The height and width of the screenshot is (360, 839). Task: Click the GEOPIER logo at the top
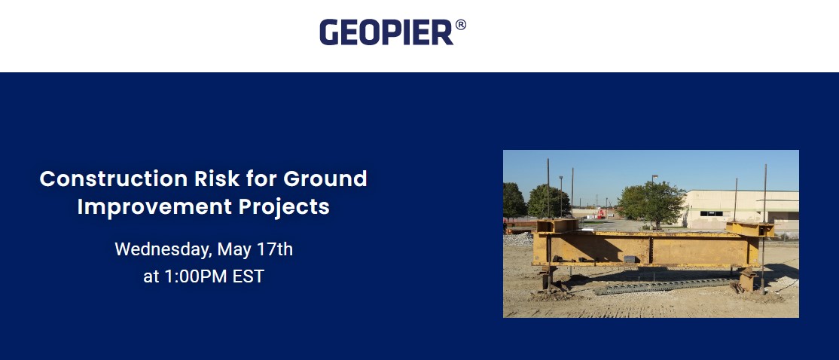tap(387, 32)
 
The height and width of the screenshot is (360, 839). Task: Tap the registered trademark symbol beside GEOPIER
tap(461, 25)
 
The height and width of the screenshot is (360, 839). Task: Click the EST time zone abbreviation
tap(248, 276)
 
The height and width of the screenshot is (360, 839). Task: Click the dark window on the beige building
tap(711, 213)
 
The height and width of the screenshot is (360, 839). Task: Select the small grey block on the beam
tap(630, 258)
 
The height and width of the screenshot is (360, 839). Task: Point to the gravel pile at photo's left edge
tap(517, 239)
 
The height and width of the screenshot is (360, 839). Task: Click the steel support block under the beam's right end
tap(747, 281)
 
